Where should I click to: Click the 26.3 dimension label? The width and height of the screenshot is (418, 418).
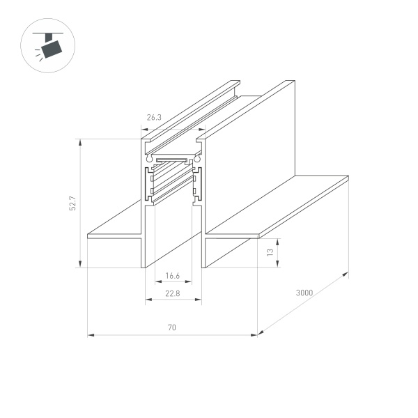(154, 118)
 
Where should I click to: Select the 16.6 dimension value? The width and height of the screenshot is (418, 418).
(172, 277)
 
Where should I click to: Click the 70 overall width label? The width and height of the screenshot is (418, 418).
(171, 327)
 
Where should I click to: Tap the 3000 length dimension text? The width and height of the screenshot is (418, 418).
(304, 293)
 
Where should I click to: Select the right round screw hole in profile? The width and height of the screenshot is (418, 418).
(196, 160)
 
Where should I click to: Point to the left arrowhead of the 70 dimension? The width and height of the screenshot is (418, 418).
(91, 335)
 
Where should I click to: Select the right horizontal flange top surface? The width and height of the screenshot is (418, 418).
(279, 206)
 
